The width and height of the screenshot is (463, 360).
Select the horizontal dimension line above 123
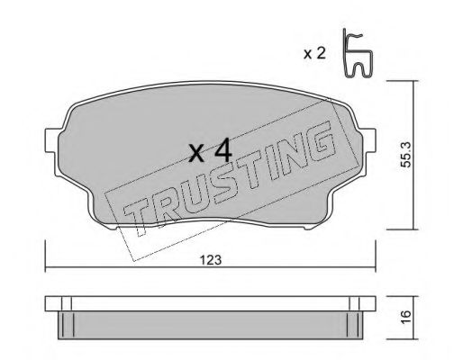(x=213, y=270)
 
